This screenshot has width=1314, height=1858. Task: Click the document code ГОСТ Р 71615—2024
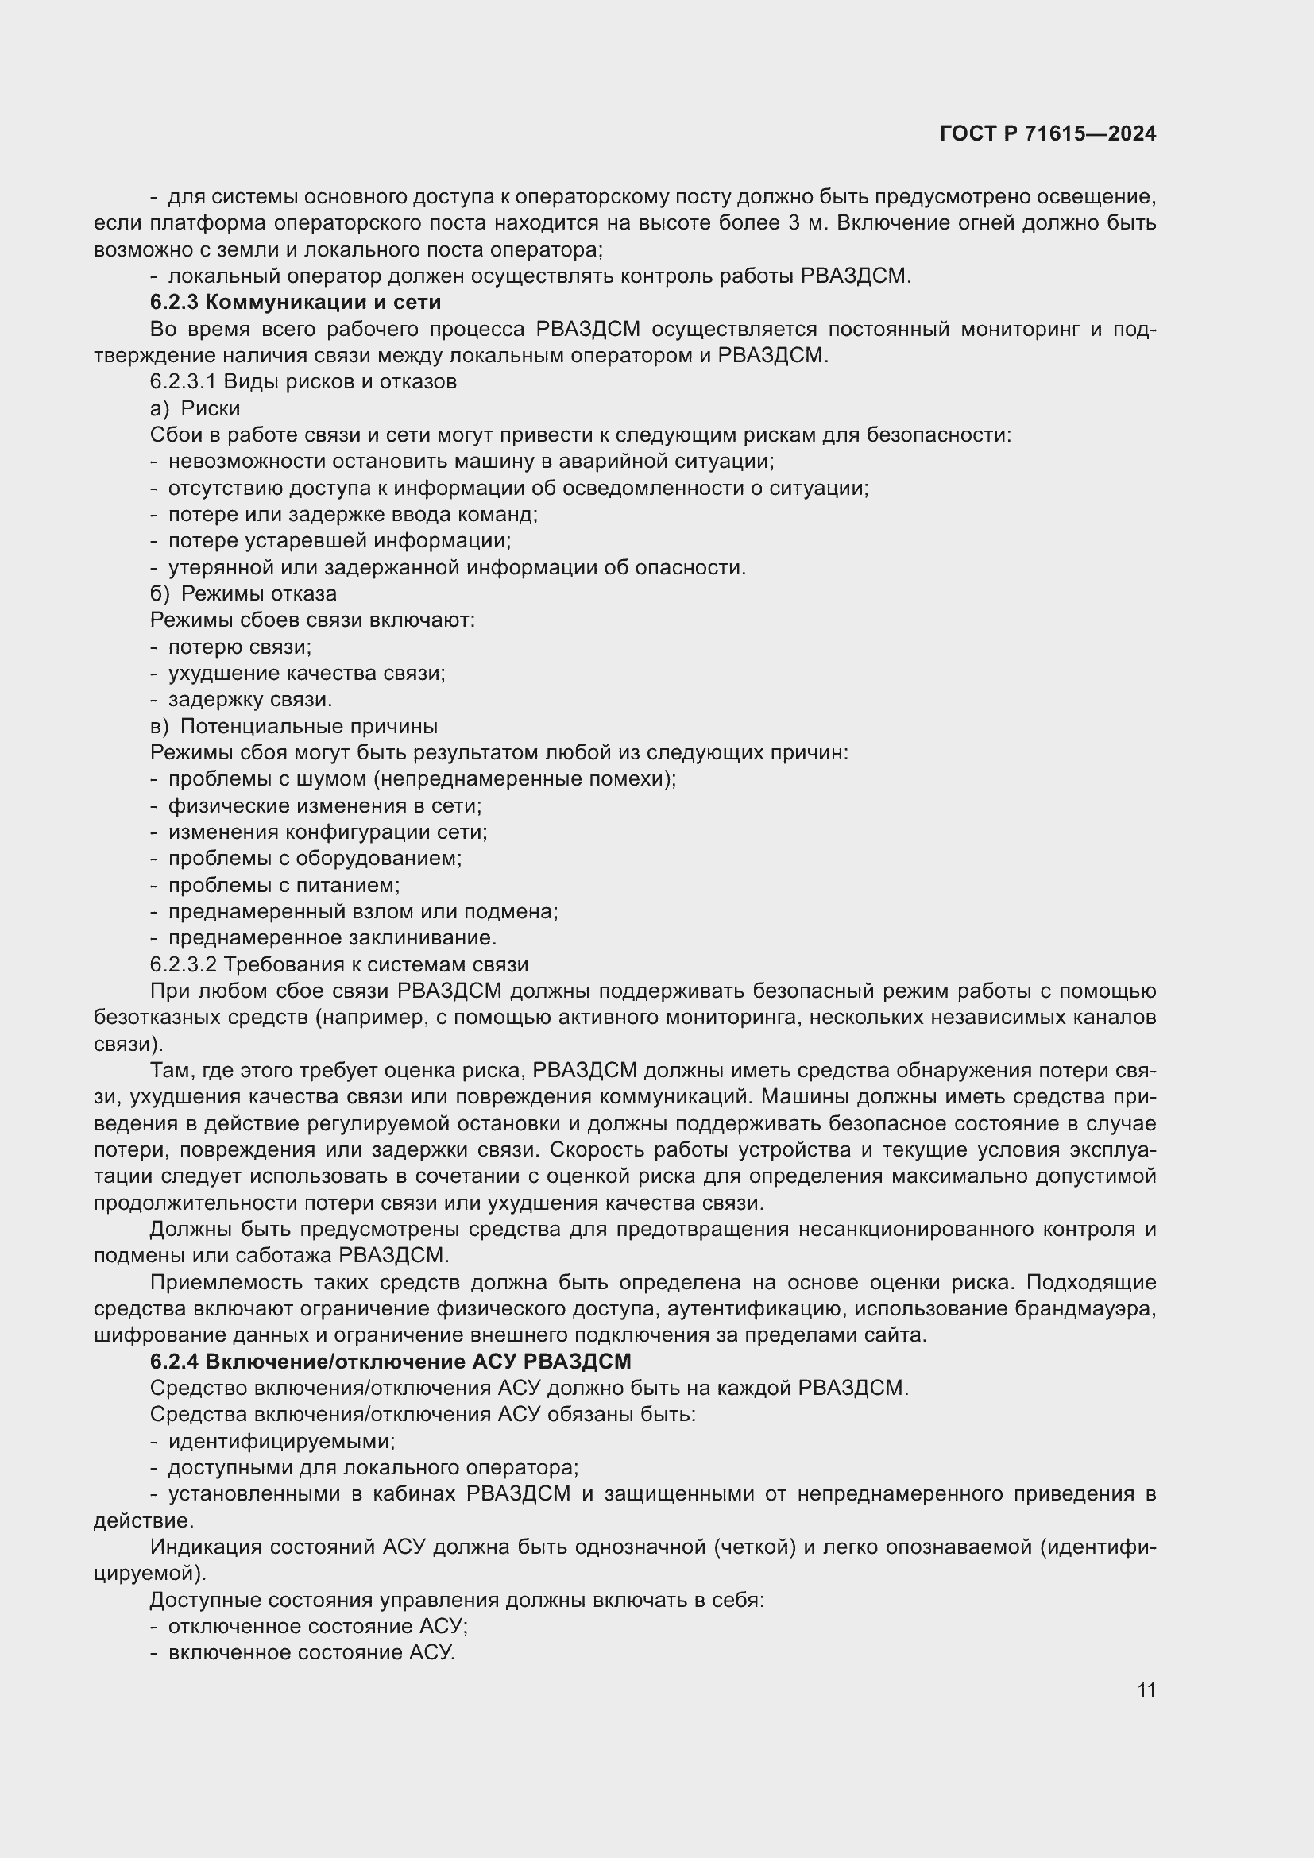(1048, 134)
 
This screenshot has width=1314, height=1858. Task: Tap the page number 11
(1146, 1690)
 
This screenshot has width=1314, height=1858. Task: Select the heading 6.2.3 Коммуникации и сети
(296, 303)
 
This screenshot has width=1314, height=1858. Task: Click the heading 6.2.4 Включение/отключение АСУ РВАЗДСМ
(390, 1362)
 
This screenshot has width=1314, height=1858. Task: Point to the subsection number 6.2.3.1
(183, 382)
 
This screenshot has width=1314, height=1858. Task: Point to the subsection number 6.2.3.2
(184, 964)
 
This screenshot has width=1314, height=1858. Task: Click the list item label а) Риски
(195, 408)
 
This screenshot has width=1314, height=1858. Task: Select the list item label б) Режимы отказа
(244, 594)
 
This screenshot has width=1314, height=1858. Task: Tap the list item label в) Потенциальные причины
(295, 726)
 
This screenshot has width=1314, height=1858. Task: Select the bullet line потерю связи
(239, 647)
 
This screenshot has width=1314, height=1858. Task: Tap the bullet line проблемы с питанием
(284, 885)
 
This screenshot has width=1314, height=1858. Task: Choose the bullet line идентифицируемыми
(281, 1441)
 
